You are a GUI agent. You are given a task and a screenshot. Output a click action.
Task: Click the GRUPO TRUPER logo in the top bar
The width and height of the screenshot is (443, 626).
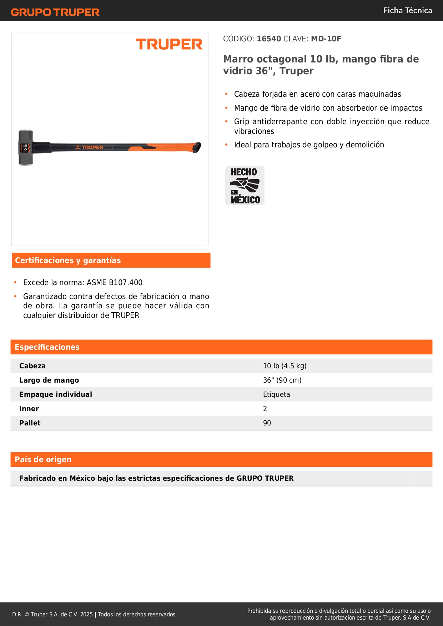55,12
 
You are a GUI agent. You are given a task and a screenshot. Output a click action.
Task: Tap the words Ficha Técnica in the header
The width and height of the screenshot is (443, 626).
407,11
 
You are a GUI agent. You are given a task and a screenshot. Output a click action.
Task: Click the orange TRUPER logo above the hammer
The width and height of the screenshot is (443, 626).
169,44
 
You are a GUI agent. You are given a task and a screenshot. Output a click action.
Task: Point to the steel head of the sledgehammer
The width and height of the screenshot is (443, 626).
26,147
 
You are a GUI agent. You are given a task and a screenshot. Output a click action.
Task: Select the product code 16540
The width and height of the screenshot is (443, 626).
269,39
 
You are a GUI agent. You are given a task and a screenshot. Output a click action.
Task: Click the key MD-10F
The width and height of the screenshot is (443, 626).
326,39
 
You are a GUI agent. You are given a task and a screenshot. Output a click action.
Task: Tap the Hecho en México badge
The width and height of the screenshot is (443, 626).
245,186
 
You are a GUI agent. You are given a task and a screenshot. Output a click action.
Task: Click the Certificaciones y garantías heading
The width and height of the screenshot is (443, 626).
68,261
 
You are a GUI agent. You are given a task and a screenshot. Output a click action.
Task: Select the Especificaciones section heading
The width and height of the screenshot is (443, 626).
47,347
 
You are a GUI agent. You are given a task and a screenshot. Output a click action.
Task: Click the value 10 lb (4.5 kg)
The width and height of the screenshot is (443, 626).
285,366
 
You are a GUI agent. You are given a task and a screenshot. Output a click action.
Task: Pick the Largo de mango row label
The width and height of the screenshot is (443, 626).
49,380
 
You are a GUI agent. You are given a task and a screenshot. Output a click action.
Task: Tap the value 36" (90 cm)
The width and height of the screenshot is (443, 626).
282,380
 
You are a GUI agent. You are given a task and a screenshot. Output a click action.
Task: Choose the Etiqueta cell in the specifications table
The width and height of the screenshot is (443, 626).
276,395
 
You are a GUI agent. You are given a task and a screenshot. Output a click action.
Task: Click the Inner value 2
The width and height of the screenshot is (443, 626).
265,409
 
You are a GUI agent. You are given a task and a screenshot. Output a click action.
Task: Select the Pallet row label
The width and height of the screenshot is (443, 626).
30,423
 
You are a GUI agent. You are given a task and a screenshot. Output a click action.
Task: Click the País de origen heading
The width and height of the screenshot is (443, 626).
43,460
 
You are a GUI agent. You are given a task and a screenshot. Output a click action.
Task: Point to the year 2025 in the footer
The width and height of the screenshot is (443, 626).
86,615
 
